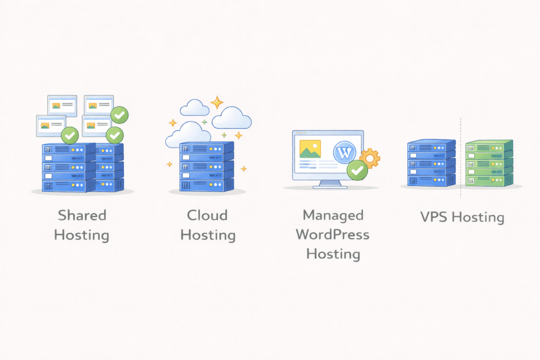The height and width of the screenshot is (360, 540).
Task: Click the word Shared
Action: pyautogui.click(x=82, y=215)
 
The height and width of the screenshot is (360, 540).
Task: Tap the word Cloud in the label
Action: pyautogui.click(x=207, y=215)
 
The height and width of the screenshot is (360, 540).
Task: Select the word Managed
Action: pyautogui.click(x=333, y=215)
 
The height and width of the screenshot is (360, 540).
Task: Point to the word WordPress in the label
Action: pyautogui.click(x=333, y=235)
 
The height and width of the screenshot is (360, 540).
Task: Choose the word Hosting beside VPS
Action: pyautogui.click(x=478, y=217)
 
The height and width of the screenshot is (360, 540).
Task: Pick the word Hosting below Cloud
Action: pyautogui.click(x=207, y=235)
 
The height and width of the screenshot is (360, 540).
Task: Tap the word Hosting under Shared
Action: pyautogui.click(x=82, y=235)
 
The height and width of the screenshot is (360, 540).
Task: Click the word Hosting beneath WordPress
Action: pyautogui.click(x=333, y=254)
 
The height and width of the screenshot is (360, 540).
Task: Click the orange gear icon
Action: pyautogui.click(x=370, y=158)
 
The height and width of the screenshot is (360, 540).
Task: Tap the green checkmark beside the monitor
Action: pyautogui.click(x=358, y=170)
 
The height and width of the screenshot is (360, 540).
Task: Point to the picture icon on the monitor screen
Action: pyautogui.click(x=310, y=149)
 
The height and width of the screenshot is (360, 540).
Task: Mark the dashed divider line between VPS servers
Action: pyautogui.click(x=461, y=158)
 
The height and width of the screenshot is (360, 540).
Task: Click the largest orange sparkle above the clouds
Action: pyautogui.click(x=217, y=102)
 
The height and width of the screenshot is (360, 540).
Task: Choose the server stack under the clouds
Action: pyautogui.click(x=206, y=167)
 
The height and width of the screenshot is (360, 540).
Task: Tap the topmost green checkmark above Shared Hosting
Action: pyautogui.click(x=120, y=114)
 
